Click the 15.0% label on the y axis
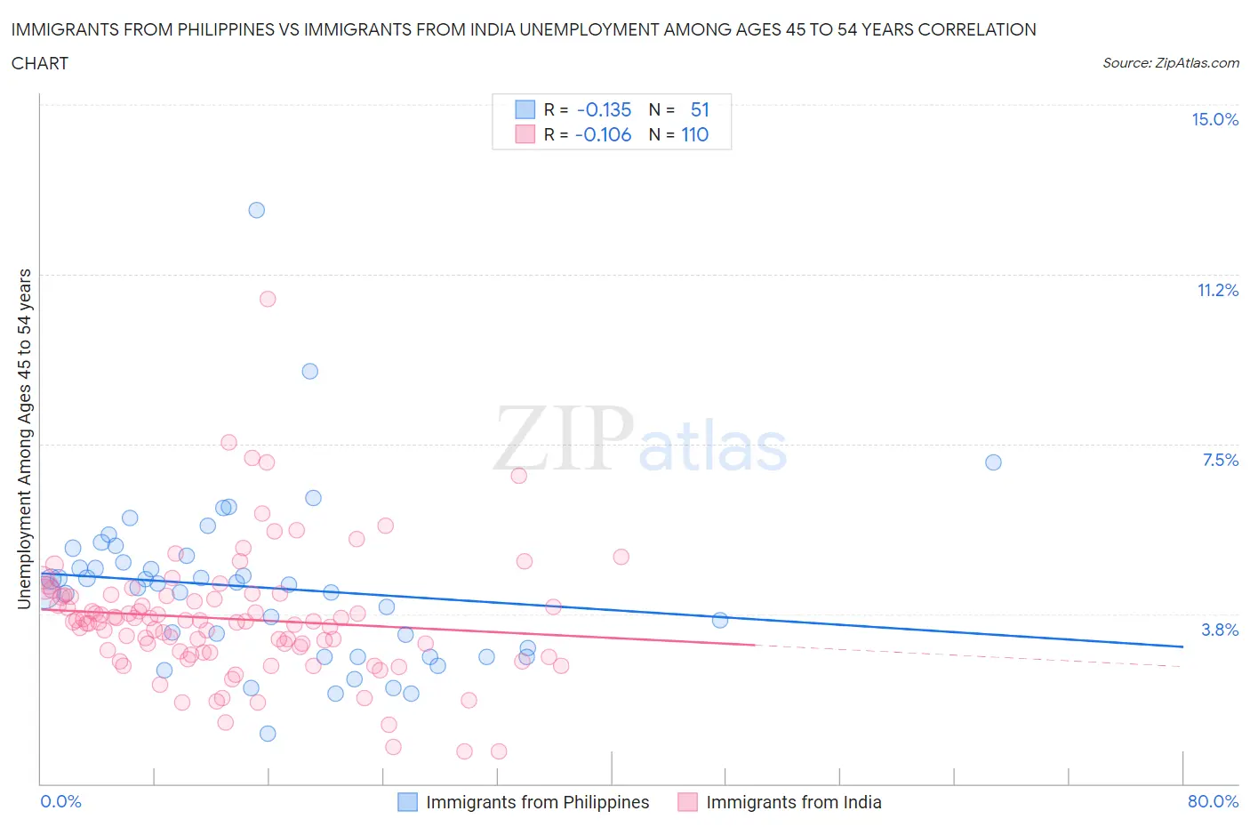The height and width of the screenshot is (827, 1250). [1214, 120]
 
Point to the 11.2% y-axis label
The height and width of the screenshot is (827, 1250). [1217, 290]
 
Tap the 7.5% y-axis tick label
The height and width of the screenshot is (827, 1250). [1220, 460]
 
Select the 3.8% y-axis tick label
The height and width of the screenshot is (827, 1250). [1220, 630]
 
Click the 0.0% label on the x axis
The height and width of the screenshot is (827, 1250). [60, 801]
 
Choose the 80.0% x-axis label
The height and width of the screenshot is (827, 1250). [1213, 801]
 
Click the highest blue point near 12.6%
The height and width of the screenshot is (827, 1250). [257, 210]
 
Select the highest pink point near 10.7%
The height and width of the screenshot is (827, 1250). [268, 299]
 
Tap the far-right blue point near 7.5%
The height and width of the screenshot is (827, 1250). [994, 462]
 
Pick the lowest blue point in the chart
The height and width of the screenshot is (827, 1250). [268, 734]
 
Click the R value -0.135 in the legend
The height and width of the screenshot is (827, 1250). [604, 110]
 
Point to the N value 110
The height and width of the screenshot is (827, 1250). [694, 135]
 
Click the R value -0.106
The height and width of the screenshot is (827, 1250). [603, 135]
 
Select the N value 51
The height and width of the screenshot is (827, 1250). [700, 110]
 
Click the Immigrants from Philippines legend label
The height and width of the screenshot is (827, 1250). [537, 802]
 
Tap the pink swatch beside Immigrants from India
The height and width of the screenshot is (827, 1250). [687, 802]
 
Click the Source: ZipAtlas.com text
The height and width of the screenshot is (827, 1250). [1170, 63]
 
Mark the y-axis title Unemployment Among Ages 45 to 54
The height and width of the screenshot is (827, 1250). [24, 438]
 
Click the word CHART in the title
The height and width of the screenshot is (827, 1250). [40, 63]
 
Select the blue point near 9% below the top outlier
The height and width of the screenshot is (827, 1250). [310, 372]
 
